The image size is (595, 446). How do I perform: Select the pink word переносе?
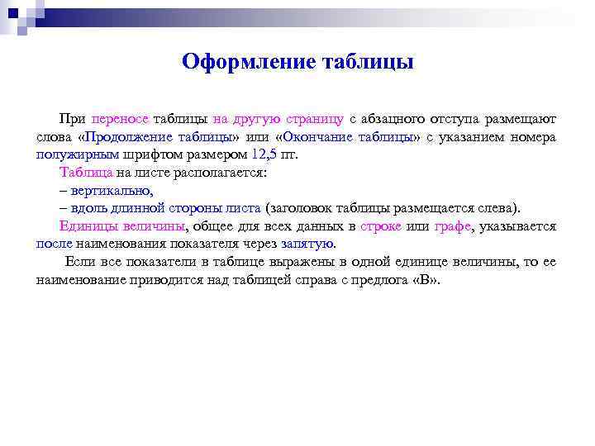[121, 118]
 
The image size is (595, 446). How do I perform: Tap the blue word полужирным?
[79, 154]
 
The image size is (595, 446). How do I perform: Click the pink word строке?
[381, 226]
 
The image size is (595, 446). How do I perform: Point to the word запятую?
[308, 244]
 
